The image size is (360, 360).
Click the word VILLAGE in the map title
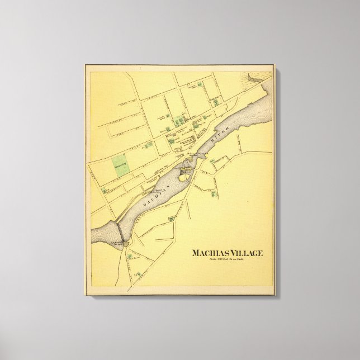(x=244, y=253)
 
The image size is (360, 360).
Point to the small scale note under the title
(x=227, y=260)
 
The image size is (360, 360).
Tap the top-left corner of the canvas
(x=85, y=65)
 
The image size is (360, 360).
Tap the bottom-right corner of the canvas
(x=275, y=295)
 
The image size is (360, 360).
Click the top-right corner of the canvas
(x=274, y=65)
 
